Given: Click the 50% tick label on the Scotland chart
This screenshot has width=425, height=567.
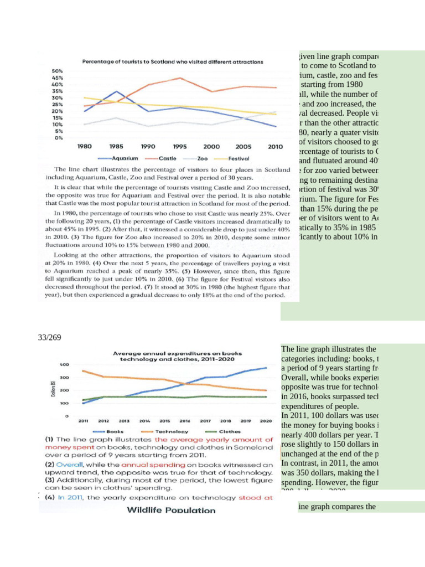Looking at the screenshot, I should pos(57,71).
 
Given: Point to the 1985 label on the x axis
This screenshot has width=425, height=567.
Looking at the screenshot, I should pos(116,147).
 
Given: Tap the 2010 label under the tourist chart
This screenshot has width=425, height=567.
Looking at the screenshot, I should pos(275,147).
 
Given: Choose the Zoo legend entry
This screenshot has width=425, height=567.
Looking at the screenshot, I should pos(202,158).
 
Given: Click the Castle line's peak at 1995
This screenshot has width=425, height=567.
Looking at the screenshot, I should pos(179,78).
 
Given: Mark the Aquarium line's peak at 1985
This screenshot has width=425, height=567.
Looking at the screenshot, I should pos(116,91).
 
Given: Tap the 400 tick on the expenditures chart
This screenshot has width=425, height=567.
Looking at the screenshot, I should pos(64,364).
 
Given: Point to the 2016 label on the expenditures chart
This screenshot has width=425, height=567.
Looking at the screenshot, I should pos(186,421).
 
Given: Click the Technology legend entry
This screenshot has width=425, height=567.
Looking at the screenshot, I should pos(170,431).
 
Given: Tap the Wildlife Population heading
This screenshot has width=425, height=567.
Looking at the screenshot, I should pos(172,510).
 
